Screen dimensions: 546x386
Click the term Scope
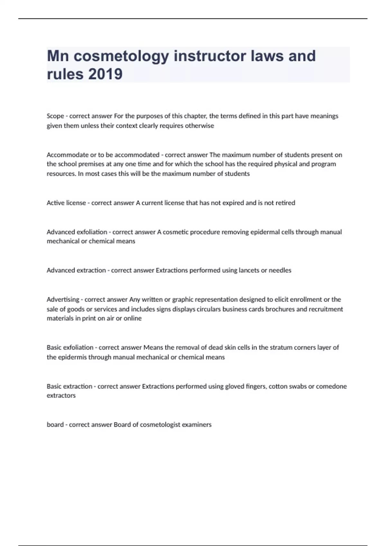(55, 116)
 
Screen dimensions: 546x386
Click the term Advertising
(63, 299)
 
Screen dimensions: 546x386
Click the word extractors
(61, 396)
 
